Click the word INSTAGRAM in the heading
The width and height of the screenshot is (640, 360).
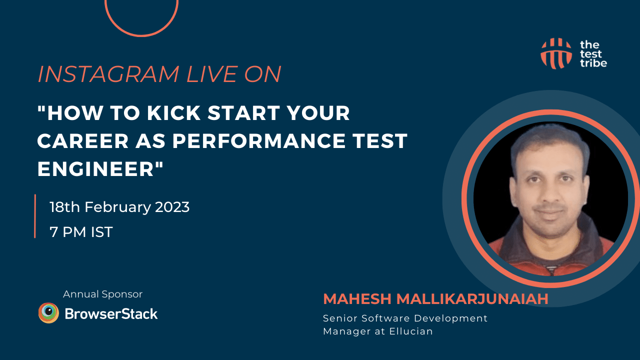tap(108, 74)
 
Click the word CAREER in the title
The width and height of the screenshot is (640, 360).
tap(83, 140)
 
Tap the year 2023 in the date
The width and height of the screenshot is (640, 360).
tap(172, 207)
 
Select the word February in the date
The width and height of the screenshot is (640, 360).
tap(117, 207)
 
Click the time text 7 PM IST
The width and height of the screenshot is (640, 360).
tap(81, 231)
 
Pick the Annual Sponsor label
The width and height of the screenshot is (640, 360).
tap(103, 294)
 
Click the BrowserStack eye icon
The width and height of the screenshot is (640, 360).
tap(48, 313)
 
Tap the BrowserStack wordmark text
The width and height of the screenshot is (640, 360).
tap(111, 313)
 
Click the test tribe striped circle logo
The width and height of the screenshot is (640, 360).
tap(556, 53)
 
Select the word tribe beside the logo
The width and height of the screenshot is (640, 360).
tap(593, 63)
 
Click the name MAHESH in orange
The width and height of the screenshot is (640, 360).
tap(357, 299)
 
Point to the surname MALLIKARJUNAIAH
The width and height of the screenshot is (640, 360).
tap(472, 299)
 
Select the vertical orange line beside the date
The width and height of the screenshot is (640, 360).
tap(35, 216)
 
